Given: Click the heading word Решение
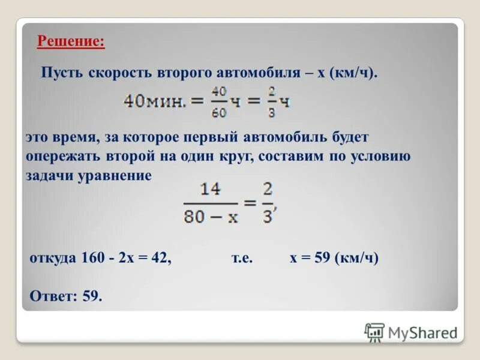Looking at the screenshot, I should click(70, 42).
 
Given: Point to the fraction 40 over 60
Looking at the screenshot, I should click(219, 102).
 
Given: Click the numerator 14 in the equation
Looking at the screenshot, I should click(211, 190).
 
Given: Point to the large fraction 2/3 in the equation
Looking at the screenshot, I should click(268, 203).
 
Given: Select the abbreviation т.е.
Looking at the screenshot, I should click(242, 259).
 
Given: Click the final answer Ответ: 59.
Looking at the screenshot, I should click(66, 296).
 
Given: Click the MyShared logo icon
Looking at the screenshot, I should click(374, 332).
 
